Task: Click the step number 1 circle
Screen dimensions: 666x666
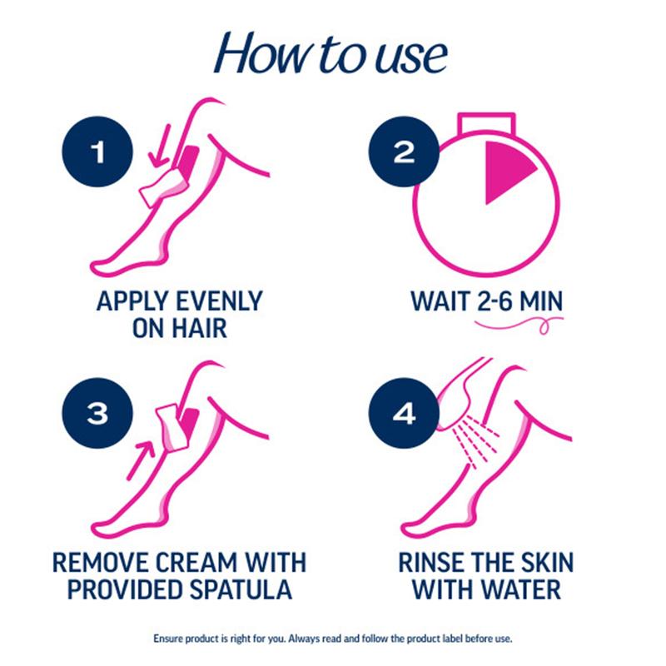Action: click(97, 152)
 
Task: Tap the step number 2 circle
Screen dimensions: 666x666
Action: click(404, 152)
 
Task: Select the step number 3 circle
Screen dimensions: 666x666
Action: click(97, 413)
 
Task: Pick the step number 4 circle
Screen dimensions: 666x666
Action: click(404, 413)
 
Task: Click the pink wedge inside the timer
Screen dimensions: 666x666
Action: click(505, 170)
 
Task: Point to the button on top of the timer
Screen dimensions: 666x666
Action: click(486, 122)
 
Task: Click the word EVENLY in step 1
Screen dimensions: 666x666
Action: click(219, 301)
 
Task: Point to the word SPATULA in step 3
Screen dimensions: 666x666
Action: click(241, 589)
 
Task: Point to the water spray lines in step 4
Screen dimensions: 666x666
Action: click(475, 442)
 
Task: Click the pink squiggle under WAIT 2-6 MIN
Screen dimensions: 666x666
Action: click(519, 325)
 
